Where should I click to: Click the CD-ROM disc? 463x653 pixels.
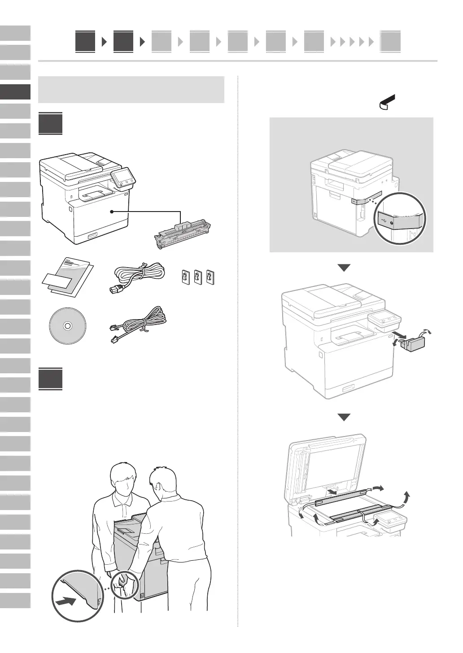tap(67, 326)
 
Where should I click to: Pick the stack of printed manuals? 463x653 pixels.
tap(68, 278)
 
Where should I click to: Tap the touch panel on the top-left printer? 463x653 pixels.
tap(122, 177)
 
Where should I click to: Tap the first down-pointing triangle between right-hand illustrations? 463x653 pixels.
tap(344, 268)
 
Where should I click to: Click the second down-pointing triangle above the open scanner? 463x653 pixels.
tap(344, 417)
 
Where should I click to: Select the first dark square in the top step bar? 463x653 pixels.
tap(85, 42)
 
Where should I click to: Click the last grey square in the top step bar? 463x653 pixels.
tap(390, 42)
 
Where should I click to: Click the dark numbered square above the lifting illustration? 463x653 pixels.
tap(50, 379)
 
